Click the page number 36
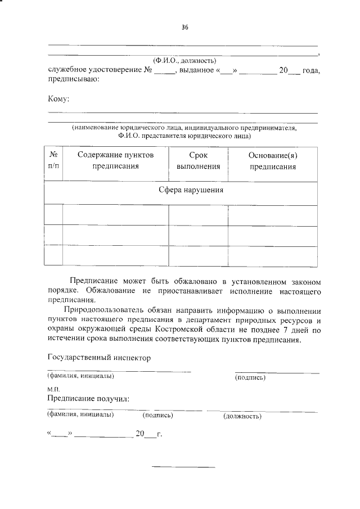point(184,28)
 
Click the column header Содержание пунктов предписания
point(115,160)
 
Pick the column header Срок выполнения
point(198,160)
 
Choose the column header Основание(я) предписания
point(272,160)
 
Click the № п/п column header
point(55,160)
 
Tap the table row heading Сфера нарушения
point(191,190)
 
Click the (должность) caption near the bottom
point(242,417)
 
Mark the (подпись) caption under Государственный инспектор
point(250,377)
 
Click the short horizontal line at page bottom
point(184,467)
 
